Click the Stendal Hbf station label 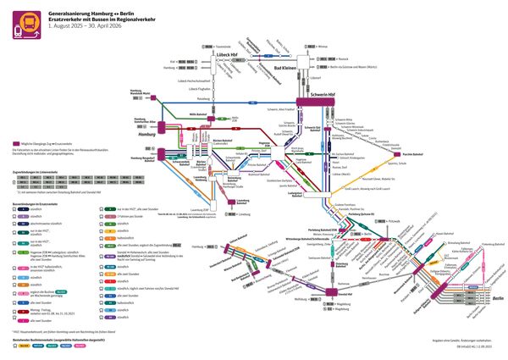[345, 294]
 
